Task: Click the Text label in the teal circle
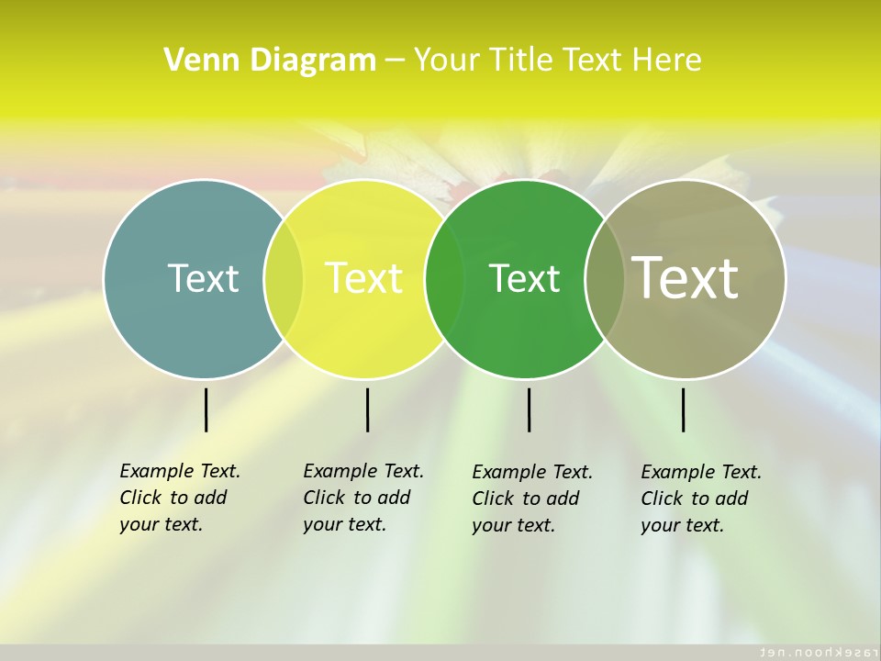[x=203, y=277]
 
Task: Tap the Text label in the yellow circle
[x=363, y=277]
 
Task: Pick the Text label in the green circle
[x=524, y=277]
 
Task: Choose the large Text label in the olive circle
[x=685, y=277]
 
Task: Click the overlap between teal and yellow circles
[x=284, y=279]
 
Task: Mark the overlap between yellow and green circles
[x=444, y=279]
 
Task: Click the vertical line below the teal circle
[x=206, y=409]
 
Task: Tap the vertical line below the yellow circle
[x=367, y=409]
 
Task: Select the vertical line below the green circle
[x=529, y=409]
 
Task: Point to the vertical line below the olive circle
[x=683, y=409]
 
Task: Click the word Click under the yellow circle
[x=324, y=498]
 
